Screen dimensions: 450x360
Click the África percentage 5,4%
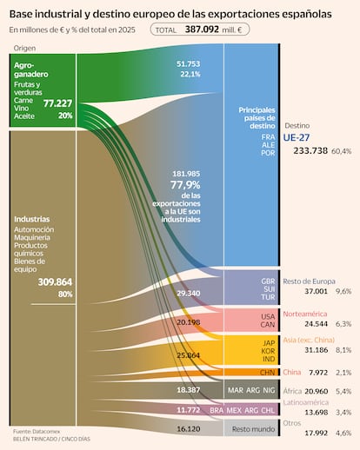point(344,391)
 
